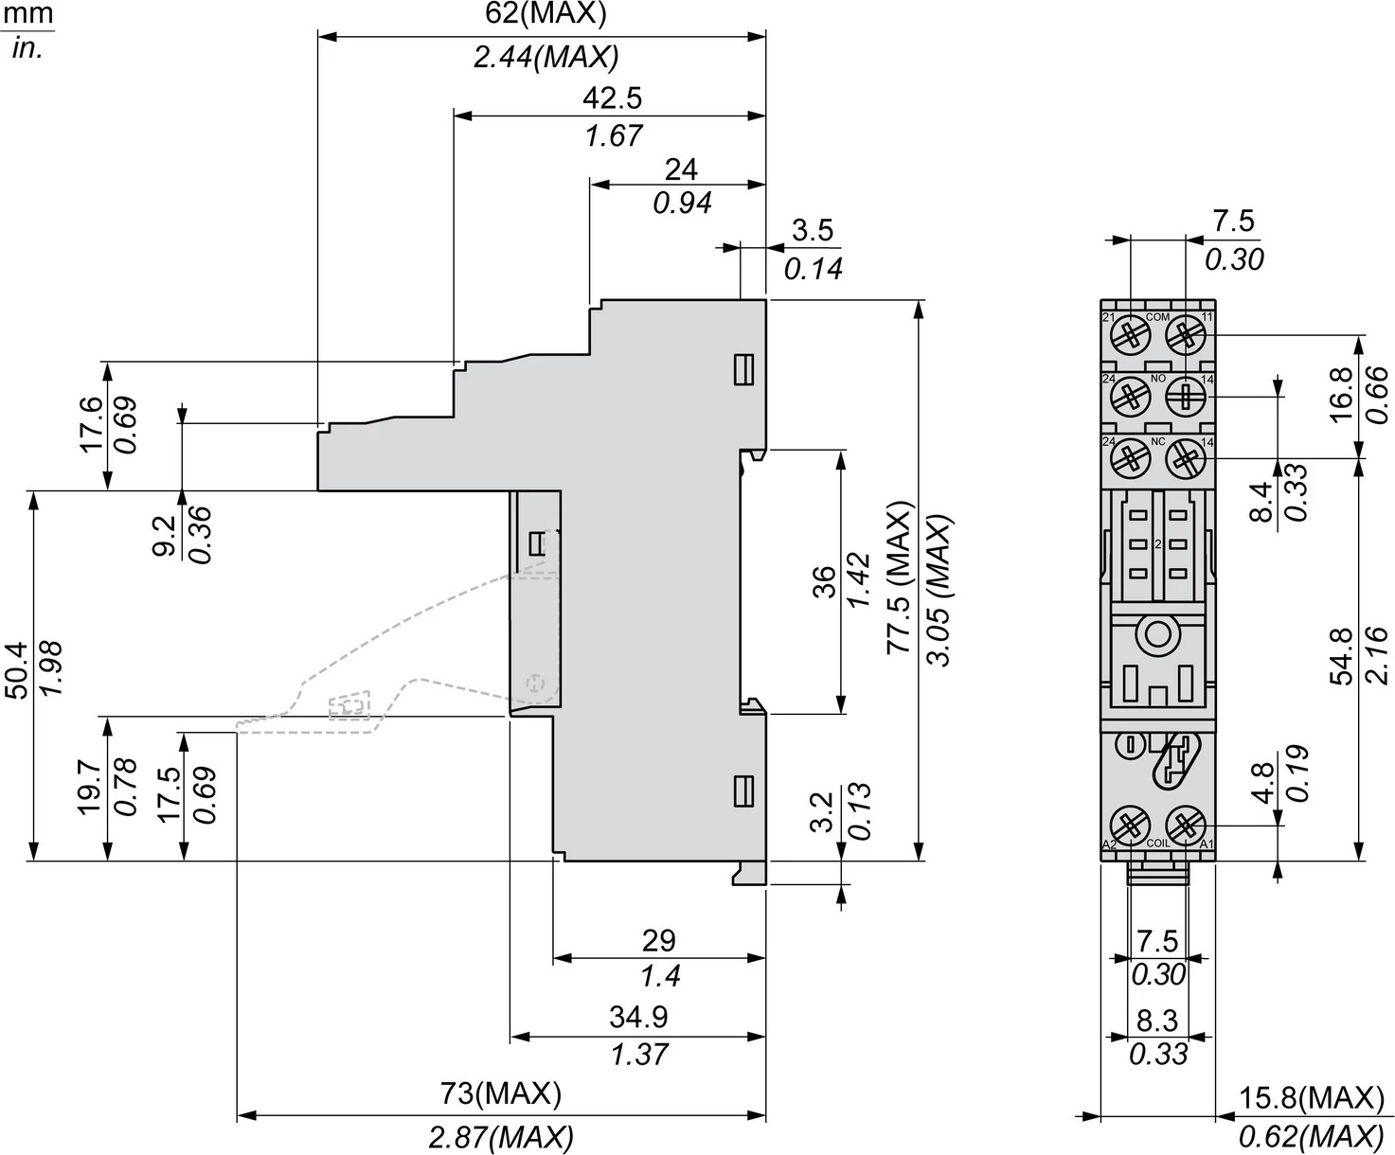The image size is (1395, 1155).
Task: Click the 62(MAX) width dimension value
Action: [545, 13]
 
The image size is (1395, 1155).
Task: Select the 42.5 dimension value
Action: [612, 98]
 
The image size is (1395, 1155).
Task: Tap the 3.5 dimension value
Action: [812, 230]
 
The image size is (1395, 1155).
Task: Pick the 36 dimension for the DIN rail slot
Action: [824, 581]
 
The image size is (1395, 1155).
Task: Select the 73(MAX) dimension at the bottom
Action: [501, 1094]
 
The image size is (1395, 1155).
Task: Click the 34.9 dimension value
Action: [638, 1017]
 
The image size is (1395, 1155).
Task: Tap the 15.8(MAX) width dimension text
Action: [1312, 1098]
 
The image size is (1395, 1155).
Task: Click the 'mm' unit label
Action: [27, 14]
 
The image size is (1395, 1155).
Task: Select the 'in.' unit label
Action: [27, 48]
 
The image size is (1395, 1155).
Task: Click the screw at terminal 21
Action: [1130, 334]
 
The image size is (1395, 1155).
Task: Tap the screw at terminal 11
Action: [1183, 334]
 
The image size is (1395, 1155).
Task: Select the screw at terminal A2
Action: [1130, 822]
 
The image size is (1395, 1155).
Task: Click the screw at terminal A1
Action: [1183, 822]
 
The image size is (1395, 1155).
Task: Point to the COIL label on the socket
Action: [1157, 843]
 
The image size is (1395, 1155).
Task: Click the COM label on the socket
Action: [1157, 317]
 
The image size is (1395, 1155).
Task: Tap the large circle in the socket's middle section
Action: [1156, 632]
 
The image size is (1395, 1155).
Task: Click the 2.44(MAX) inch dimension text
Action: [545, 57]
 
